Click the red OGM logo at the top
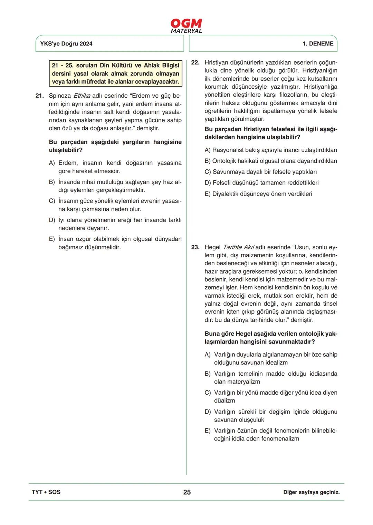point(186,23)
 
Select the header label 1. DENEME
point(318,44)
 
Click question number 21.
point(39,96)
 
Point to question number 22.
point(195,63)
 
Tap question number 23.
point(195,247)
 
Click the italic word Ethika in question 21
point(82,96)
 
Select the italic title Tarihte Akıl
point(238,247)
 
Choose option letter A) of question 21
point(52,163)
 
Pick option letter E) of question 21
point(52,239)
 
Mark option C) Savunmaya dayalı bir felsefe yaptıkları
point(261,172)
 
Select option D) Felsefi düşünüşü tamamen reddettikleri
point(261,183)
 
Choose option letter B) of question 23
point(208,374)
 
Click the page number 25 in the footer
point(187,492)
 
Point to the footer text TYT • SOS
point(46,492)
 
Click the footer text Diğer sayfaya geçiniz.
point(311,493)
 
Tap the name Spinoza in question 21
point(60,96)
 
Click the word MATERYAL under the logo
point(186,31)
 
